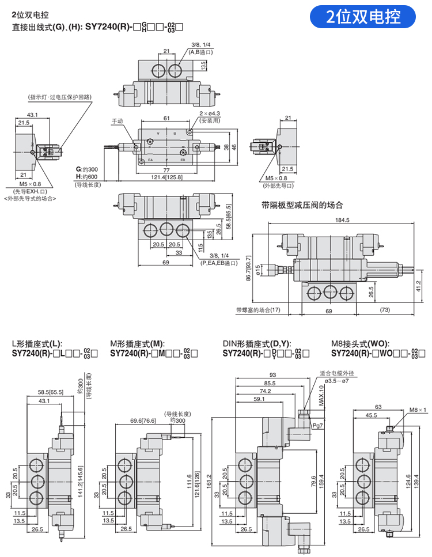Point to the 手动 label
click(118, 122)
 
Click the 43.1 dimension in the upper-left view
click(32, 115)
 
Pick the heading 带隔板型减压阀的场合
click(302, 204)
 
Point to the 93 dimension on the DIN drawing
click(272, 375)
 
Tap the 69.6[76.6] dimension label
click(143, 421)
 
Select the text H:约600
click(87, 176)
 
